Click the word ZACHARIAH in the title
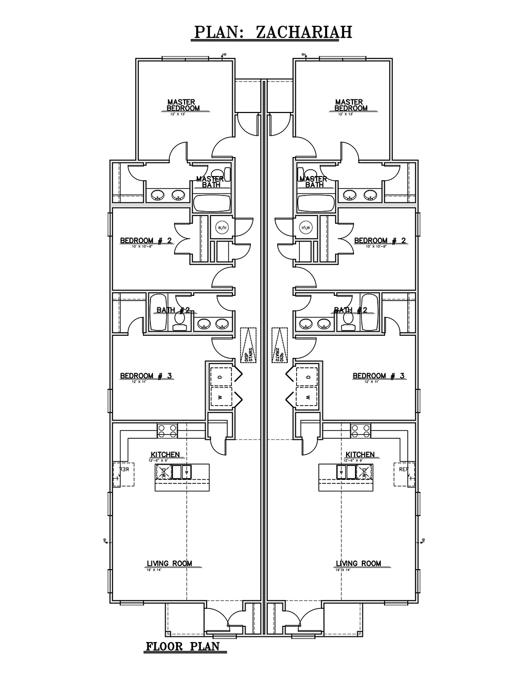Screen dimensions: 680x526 click(x=304, y=32)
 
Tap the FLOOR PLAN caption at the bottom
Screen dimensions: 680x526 click(x=183, y=646)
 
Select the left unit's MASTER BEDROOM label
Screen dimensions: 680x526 click(x=182, y=105)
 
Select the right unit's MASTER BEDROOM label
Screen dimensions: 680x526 click(x=350, y=105)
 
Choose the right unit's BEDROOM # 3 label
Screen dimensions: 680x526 click(x=379, y=376)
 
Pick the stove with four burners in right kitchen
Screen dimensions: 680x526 click(x=360, y=431)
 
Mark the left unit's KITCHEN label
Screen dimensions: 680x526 click(x=165, y=455)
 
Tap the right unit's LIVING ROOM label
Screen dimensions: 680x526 click(x=358, y=563)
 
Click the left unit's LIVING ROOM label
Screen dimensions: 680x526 click(x=169, y=563)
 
